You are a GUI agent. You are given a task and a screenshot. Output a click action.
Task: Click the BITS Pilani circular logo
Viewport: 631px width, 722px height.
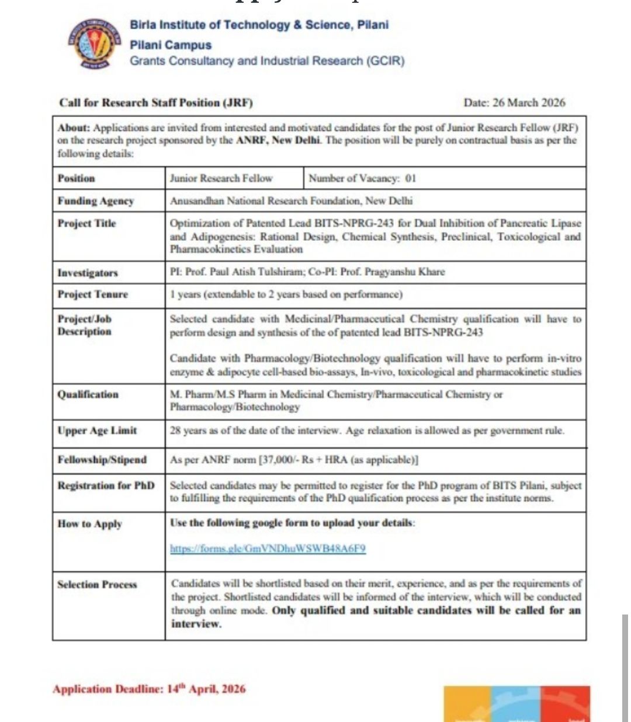tap(89, 45)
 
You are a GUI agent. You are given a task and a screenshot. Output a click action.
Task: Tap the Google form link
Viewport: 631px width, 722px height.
tap(268, 549)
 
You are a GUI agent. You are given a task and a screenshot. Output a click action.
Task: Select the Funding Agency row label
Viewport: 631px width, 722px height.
tap(96, 201)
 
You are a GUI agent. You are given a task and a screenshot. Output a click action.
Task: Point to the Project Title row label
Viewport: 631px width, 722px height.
tap(87, 223)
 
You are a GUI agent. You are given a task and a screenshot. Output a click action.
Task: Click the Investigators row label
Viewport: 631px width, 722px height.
tap(88, 273)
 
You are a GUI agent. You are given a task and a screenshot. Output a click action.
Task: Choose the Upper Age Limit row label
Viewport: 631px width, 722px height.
tap(97, 431)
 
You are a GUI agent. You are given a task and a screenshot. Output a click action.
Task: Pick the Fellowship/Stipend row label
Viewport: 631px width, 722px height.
tap(102, 460)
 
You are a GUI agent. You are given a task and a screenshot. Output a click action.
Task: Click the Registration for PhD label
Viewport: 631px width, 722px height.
tap(106, 485)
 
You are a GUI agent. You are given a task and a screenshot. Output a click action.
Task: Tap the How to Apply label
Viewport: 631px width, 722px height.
tap(89, 523)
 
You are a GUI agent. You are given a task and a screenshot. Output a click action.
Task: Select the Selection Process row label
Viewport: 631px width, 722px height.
tap(97, 584)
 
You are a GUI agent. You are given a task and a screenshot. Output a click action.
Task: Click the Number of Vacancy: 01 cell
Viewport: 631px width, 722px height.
tap(362, 178)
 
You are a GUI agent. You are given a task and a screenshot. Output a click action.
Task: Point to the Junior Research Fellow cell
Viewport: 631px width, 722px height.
tap(221, 178)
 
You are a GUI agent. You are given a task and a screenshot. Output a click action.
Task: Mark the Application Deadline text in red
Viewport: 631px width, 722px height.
tap(149, 689)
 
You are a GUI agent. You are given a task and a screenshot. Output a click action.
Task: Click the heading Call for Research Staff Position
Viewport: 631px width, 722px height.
tap(156, 103)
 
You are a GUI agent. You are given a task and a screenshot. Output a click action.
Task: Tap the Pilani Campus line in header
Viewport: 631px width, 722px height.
tap(171, 44)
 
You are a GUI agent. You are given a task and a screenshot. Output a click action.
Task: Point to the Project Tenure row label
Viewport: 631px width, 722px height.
tap(92, 294)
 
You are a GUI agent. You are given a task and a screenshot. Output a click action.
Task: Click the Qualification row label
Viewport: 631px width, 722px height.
tap(88, 394)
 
